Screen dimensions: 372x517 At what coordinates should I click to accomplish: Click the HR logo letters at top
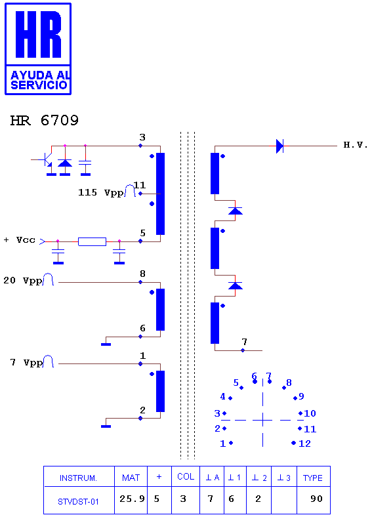pos(38,34)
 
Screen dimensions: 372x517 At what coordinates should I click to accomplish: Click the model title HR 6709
pos(45,121)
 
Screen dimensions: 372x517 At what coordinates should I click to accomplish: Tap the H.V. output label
pos(356,145)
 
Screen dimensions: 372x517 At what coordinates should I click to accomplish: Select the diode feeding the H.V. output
pos(279,146)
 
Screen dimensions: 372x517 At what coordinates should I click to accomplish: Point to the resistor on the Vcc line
pos(92,241)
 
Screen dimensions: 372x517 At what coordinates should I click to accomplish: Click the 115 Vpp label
pos(100,192)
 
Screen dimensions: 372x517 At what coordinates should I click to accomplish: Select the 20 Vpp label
pos(23,281)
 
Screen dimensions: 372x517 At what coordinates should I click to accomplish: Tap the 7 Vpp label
pos(27,363)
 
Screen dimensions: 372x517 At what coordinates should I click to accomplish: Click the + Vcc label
pos(20,240)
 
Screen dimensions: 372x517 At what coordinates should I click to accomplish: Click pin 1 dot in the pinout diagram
pos(231,443)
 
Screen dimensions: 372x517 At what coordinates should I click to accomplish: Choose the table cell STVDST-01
pos(78,502)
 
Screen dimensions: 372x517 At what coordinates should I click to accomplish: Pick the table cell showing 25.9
pos(132,499)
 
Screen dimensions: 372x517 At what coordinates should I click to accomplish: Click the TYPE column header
pos(313,478)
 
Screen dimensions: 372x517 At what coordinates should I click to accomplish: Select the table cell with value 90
pos(316,499)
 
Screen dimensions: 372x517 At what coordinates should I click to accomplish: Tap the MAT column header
pos(131,478)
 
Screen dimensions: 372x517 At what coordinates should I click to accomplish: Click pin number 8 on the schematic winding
pos(142,274)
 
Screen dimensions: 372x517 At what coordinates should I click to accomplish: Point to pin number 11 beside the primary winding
pos(140,185)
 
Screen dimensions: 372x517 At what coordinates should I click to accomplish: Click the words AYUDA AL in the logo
pos(40,75)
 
